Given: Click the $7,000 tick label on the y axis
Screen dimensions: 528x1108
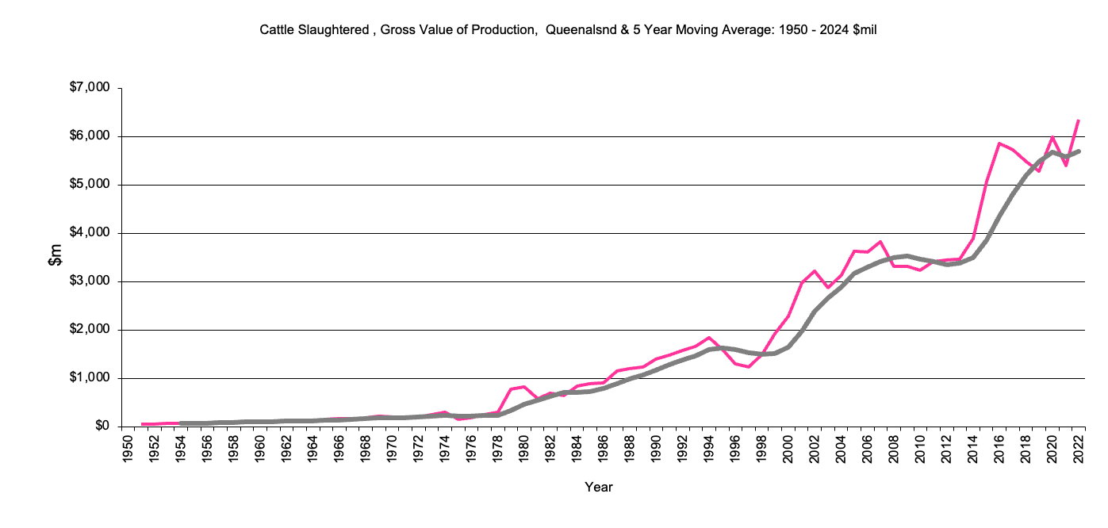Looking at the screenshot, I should click(x=88, y=88).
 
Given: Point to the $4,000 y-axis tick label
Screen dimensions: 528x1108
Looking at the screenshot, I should click(x=88, y=233).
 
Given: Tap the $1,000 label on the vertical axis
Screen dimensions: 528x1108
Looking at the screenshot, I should click(x=88, y=378).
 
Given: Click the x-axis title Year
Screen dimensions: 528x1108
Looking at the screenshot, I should click(x=598, y=487).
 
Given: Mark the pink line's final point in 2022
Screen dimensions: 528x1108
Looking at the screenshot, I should click(x=1079, y=121).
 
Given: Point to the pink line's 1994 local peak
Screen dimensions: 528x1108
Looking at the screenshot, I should click(x=709, y=338).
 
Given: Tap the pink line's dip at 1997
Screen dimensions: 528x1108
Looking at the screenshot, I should click(x=749, y=366).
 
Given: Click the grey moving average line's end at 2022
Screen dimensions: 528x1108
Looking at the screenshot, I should click(x=1079, y=151).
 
